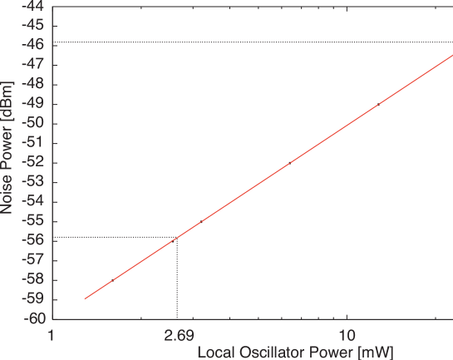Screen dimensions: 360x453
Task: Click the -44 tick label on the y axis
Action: (x=36, y=7)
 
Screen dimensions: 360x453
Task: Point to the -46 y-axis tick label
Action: (x=36, y=45)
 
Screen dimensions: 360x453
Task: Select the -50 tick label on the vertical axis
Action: (x=36, y=123)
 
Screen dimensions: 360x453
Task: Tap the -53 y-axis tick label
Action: (x=36, y=182)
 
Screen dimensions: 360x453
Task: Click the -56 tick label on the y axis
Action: (x=36, y=240)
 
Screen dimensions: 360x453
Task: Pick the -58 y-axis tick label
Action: (x=36, y=279)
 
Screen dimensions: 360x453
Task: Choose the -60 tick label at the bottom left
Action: (x=36, y=318)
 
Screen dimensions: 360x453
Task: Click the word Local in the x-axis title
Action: (x=215, y=351)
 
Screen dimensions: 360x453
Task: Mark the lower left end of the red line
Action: (x=85, y=298)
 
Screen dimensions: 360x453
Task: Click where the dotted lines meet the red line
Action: (x=177, y=238)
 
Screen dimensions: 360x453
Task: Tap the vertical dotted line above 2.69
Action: (x=177, y=279)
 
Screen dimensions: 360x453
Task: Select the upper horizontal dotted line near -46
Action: (x=249, y=42)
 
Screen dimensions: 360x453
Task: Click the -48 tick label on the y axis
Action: (x=36, y=84)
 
